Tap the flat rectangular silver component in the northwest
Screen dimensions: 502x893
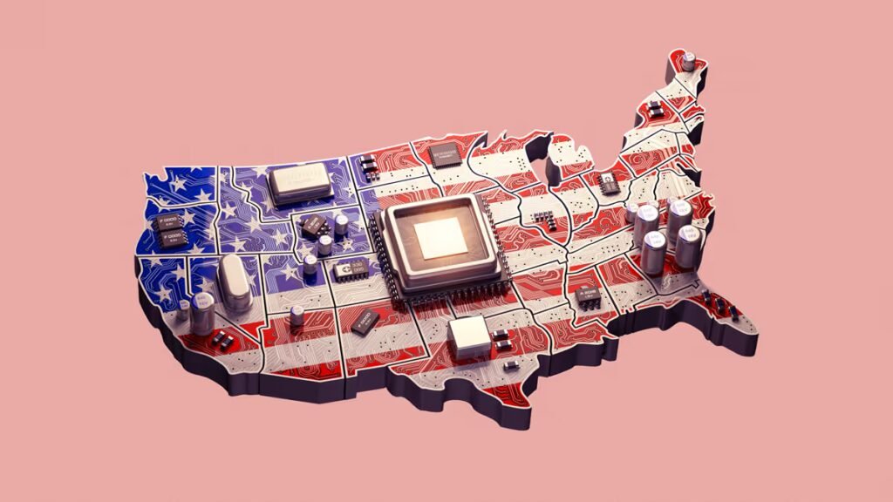click(301, 183)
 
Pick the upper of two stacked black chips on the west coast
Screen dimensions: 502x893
click(169, 221)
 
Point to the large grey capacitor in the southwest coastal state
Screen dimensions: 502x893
click(203, 312)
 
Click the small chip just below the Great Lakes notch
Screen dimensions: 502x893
click(605, 181)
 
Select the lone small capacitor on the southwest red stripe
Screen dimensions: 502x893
click(298, 315)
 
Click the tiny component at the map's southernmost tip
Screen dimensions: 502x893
click(512, 364)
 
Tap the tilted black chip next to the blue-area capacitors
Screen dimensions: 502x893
click(312, 225)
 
